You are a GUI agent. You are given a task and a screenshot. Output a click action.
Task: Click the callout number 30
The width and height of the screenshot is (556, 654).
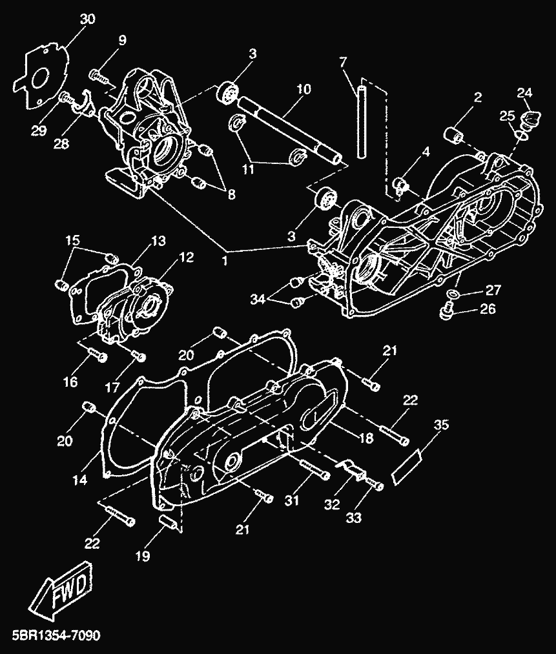[87, 19]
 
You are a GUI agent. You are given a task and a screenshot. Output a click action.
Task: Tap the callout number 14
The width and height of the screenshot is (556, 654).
[79, 480]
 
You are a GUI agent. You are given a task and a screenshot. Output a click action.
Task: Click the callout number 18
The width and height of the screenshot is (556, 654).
[366, 438]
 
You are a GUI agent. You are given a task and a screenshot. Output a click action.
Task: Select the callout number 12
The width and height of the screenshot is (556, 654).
[187, 257]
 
